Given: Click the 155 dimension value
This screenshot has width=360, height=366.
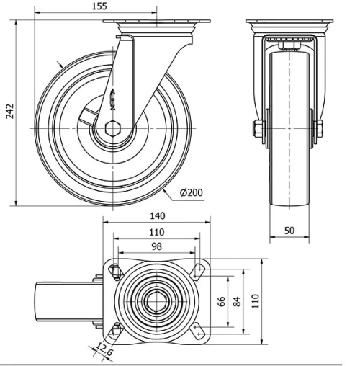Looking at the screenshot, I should (100, 6).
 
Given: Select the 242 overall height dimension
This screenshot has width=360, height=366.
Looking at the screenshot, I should (9, 111).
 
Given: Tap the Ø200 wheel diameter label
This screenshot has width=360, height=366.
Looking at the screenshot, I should (192, 192).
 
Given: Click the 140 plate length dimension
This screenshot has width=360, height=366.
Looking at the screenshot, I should (158, 215).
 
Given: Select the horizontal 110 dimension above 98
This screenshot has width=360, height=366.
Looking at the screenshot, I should (156, 232).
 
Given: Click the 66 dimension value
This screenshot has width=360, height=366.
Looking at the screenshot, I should (222, 301).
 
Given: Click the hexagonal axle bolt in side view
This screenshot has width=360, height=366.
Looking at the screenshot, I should (114, 129).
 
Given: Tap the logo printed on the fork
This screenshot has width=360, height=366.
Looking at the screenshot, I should (117, 98).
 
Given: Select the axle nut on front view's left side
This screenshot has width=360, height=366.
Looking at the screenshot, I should (257, 130).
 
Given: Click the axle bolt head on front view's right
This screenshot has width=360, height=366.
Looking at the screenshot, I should (318, 130).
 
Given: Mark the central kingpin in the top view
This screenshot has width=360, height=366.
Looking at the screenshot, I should (156, 301).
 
